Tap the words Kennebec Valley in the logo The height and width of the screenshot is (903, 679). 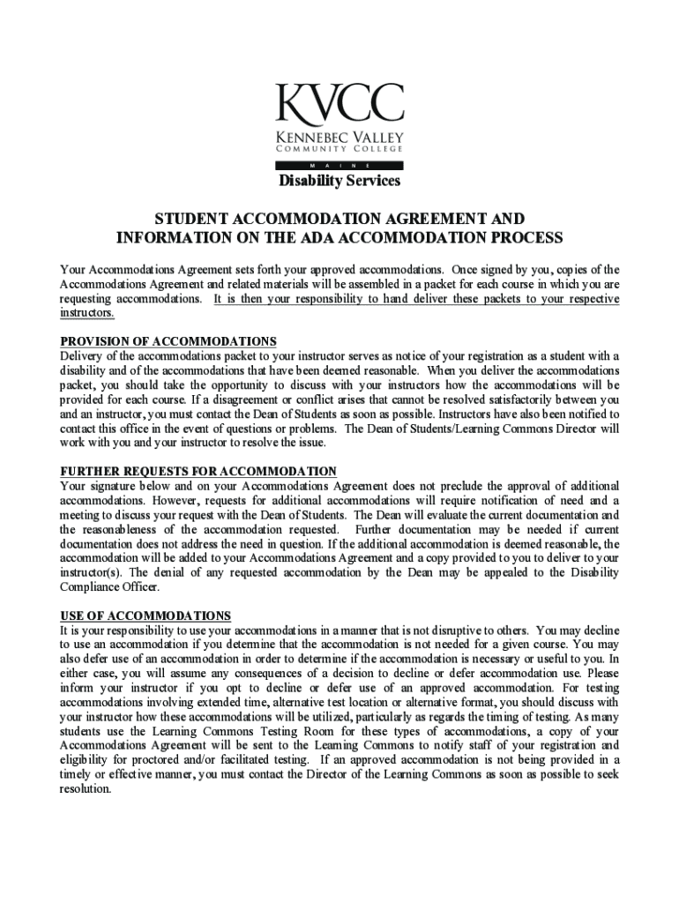pyautogui.click(x=339, y=138)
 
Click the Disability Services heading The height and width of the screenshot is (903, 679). pyautogui.click(x=339, y=181)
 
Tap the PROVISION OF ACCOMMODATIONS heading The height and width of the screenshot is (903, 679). pyautogui.click(x=168, y=341)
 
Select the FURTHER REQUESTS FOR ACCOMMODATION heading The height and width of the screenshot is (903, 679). pyautogui.click(x=198, y=472)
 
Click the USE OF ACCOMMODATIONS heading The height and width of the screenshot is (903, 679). pyautogui.click(x=145, y=616)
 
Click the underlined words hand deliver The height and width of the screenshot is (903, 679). pyautogui.click(x=409, y=299)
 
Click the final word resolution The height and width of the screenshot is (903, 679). pyautogui.click(x=86, y=788)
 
